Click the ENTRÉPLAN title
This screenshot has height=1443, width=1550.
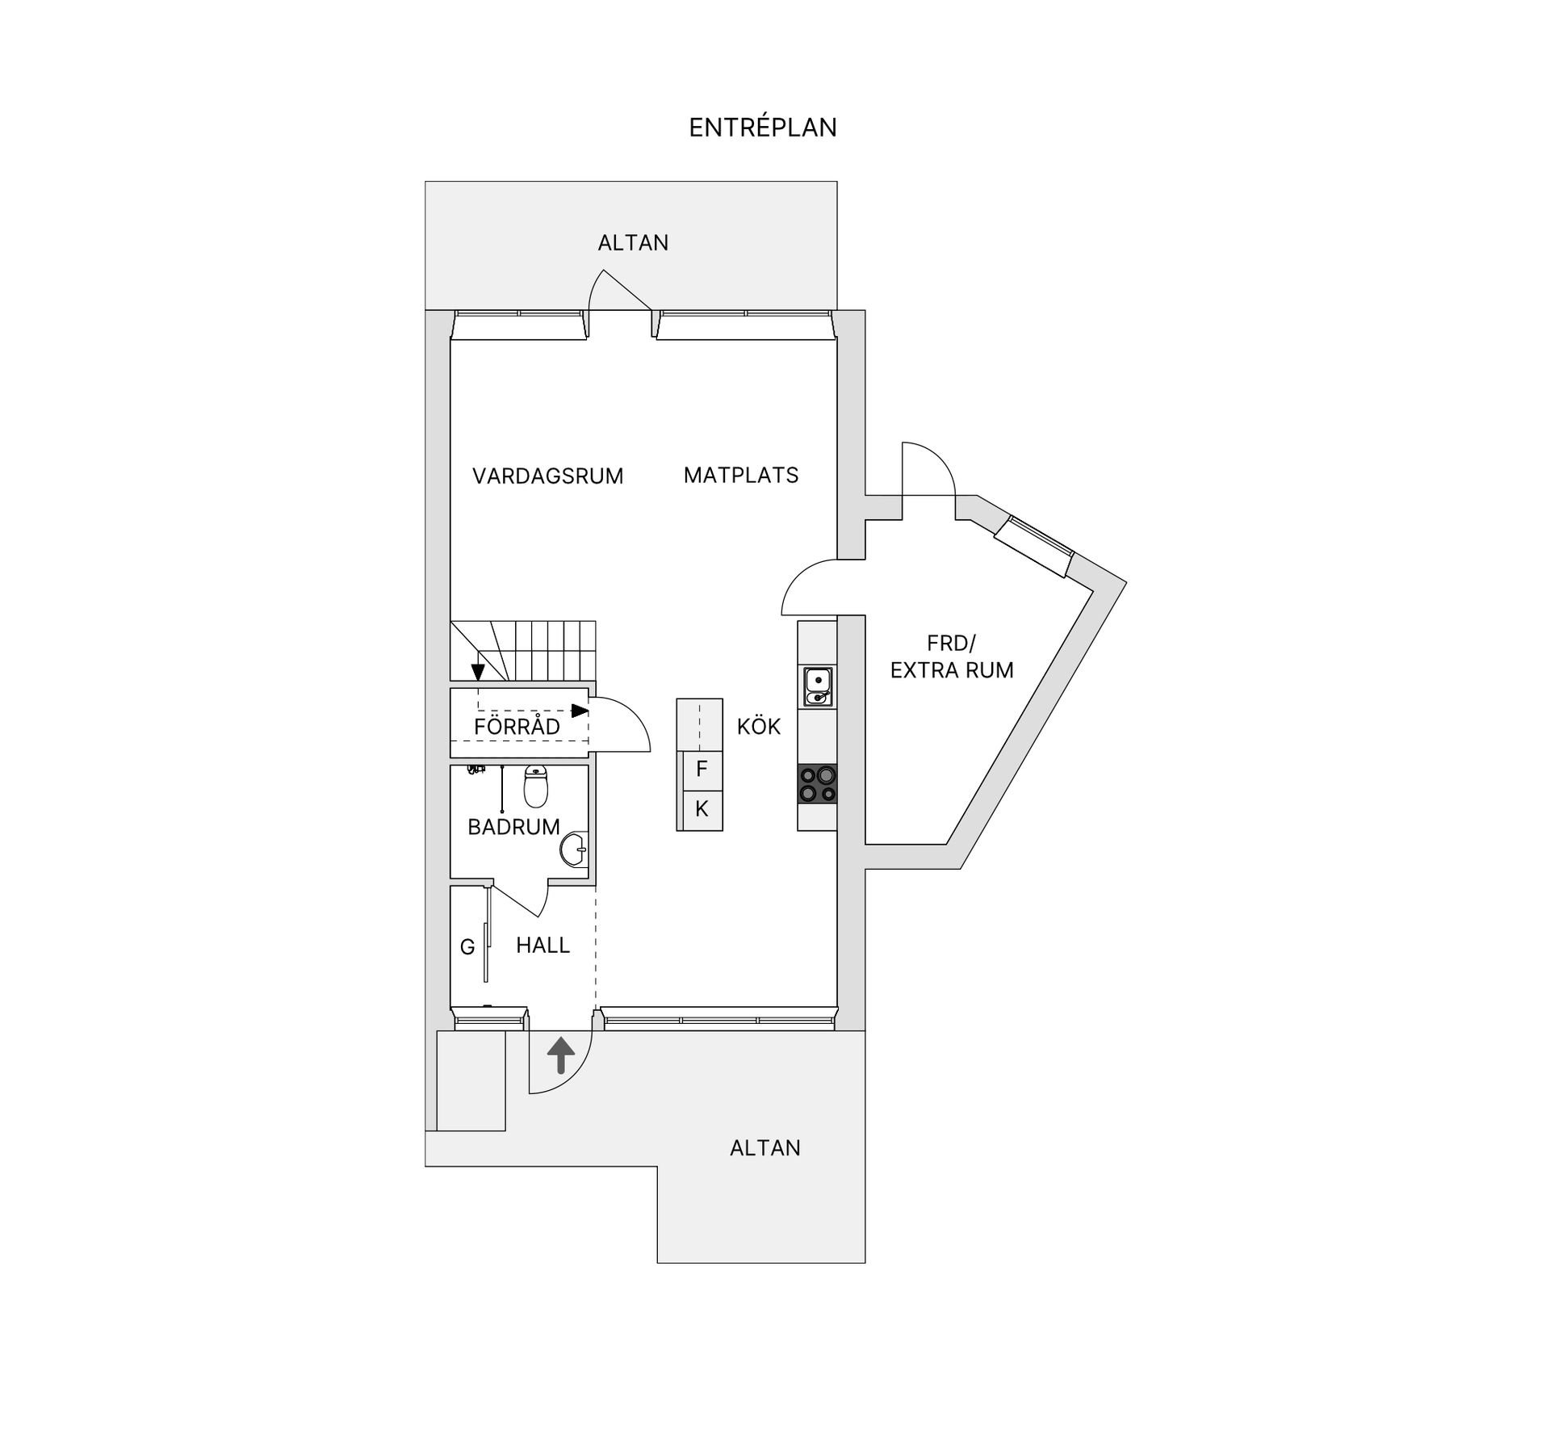[x=762, y=128]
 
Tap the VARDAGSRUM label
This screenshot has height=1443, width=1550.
[x=547, y=476]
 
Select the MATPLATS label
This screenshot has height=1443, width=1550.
[x=740, y=475]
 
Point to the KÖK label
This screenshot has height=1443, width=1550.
[x=758, y=727]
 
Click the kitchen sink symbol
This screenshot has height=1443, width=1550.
[x=817, y=686]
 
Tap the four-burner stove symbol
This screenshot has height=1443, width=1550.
[x=817, y=784]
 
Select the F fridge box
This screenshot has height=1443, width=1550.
[x=701, y=769]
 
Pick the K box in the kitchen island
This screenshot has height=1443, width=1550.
[x=701, y=809]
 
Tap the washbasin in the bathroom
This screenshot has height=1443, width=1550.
[x=574, y=849]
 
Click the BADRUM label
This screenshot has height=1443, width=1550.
[x=513, y=827]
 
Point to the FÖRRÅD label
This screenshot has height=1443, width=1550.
[x=517, y=727]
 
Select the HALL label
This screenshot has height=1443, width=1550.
[x=542, y=945]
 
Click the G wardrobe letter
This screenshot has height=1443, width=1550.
[x=467, y=947]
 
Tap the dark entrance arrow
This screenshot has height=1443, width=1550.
[x=561, y=1055]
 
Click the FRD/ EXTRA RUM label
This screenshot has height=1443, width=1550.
[x=951, y=656]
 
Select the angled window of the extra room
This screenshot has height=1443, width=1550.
[x=1034, y=547]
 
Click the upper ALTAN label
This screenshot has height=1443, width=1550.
[x=633, y=243]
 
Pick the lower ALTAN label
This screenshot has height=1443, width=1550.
[x=765, y=1148]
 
